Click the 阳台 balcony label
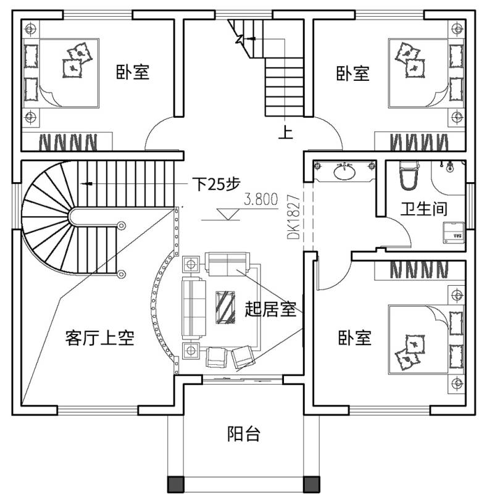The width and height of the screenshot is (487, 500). [x=244, y=434]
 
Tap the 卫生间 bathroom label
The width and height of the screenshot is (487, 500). [x=424, y=209]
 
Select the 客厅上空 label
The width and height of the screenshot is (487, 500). [x=99, y=338]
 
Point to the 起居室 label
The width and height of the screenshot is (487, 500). [x=270, y=309]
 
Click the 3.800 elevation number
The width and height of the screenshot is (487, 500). [x=261, y=199]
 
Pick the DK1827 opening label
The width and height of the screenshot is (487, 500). [x=293, y=217]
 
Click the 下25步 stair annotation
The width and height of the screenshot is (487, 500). [x=216, y=184]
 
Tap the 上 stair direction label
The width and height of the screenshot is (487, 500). [x=286, y=132]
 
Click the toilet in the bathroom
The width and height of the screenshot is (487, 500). [x=409, y=175]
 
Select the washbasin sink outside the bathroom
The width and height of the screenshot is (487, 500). [x=344, y=172]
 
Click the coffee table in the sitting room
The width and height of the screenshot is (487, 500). [x=225, y=307]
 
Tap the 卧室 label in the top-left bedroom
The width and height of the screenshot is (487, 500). [x=132, y=72]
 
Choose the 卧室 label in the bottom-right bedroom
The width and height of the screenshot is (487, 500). [x=355, y=338]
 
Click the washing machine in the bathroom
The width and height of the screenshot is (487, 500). [x=453, y=232]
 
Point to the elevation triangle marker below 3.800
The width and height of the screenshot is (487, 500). [x=227, y=214]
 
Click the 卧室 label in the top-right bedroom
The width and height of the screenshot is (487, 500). [x=352, y=73]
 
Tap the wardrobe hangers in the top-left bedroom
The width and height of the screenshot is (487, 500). [x=68, y=142]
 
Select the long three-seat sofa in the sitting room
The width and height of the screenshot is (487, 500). [x=194, y=308]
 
